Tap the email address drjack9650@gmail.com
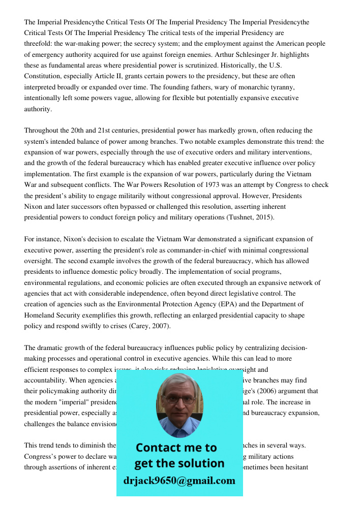pyautogui.click(x=179, y=481)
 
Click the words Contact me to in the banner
pyautogui.click(x=176, y=448)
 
